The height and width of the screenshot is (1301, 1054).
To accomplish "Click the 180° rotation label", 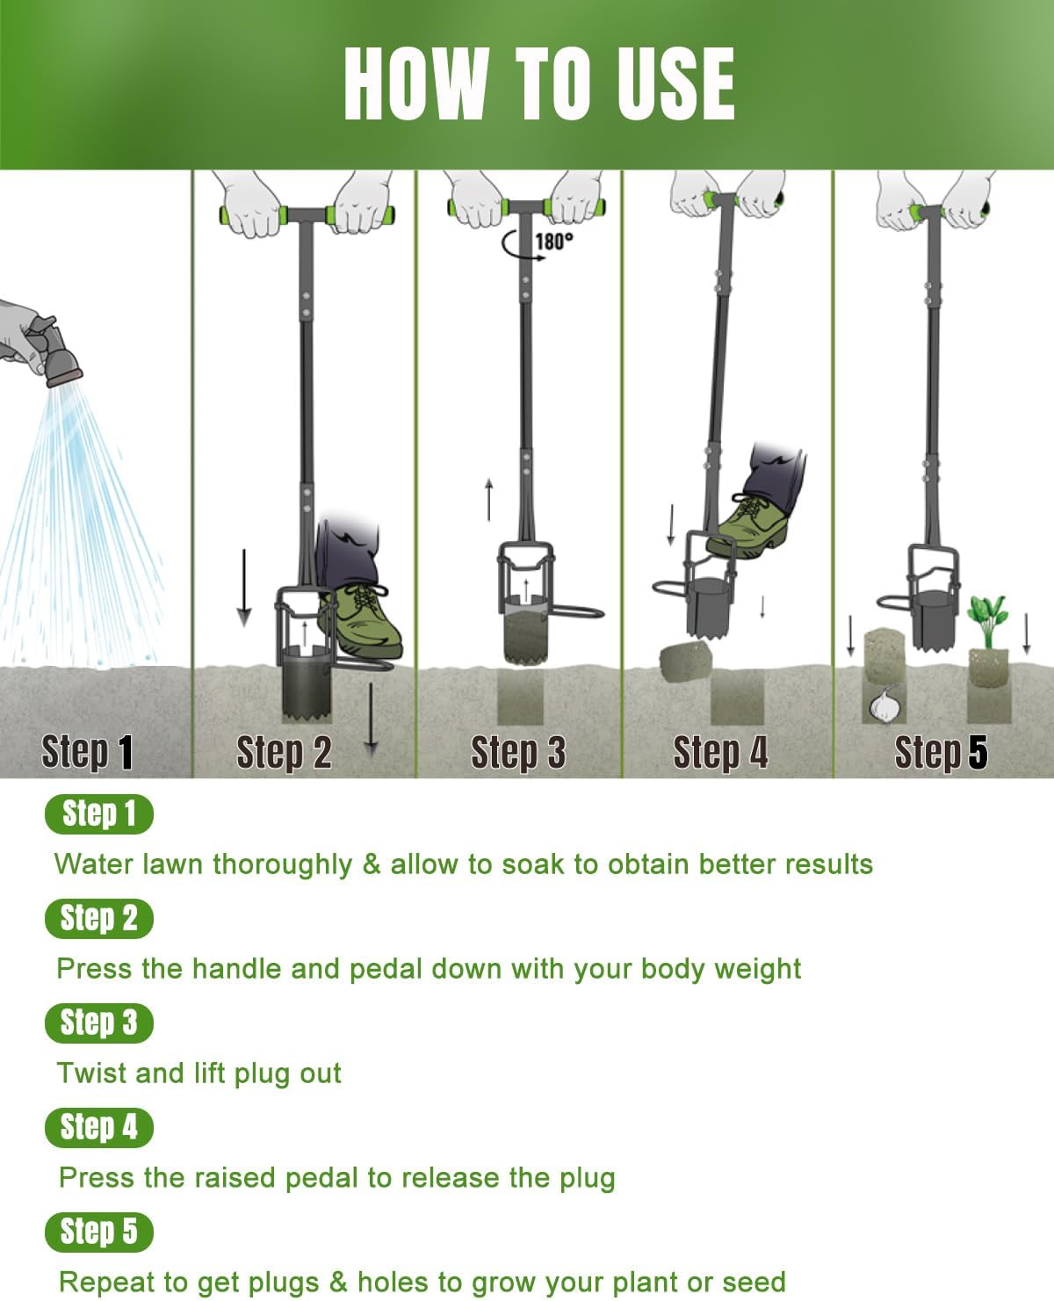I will (x=554, y=241).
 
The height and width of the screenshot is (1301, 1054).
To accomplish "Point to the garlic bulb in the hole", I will (x=884, y=705).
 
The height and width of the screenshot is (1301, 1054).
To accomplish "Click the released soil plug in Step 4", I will (x=685, y=661).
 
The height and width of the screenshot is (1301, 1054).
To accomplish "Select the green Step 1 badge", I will (x=98, y=813).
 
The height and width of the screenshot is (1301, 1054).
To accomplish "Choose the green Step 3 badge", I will (x=98, y=1023).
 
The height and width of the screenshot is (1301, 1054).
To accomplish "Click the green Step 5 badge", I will (x=98, y=1232).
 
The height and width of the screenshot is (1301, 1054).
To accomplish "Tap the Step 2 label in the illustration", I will (x=284, y=753).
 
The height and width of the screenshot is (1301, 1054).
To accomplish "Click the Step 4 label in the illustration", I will (x=720, y=753).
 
